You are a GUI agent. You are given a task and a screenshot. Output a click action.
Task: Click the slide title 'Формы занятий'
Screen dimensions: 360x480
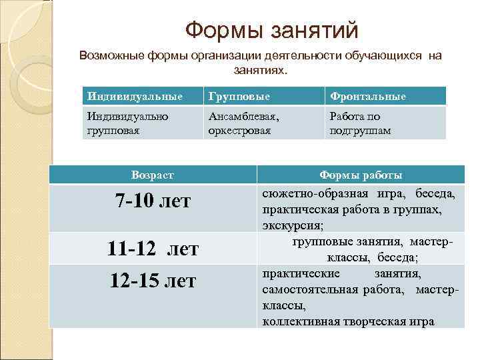pyautogui.click(x=271, y=29)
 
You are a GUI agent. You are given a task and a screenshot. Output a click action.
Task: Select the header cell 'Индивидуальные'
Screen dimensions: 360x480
pyautogui.click(x=135, y=96)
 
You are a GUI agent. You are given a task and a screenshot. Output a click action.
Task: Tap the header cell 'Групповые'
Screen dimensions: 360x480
pyautogui.click(x=239, y=96)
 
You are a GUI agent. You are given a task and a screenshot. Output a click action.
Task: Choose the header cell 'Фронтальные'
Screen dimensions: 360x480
pyautogui.click(x=367, y=96)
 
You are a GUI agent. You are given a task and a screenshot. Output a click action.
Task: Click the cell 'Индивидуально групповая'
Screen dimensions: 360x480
pyautogui.click(x=127, y=123)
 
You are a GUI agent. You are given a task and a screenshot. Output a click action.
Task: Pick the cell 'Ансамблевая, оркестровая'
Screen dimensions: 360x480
pyautogui.click(x=244, y=123)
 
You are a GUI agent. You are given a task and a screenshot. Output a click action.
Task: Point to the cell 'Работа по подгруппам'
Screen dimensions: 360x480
pyautogui.click(x=360, y=123)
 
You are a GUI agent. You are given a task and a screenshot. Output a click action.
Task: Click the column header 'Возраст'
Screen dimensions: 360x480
pyautogui.click(x=153, y=175)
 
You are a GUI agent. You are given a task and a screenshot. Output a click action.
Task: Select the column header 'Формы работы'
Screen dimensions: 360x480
pyautogui.click(x=361, y=175)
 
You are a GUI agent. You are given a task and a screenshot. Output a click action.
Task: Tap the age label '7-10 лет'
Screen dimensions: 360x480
pyautogui.click(x=153, y=201)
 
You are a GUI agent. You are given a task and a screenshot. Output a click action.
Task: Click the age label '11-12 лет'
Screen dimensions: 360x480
pyautogui.click(x=153, y=249)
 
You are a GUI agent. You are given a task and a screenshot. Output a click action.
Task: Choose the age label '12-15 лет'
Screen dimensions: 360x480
pyautogui.click(x=153, y=281)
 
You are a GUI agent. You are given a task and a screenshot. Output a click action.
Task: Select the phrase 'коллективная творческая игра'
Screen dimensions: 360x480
pyautogui.click(x=348, y=321)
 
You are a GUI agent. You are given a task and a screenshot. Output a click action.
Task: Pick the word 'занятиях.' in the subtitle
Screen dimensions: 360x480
pyautogui.click(x=260, y=69)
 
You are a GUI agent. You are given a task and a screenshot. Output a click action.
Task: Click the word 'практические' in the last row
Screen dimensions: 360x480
pyautogui.click(x=301, y=274)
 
